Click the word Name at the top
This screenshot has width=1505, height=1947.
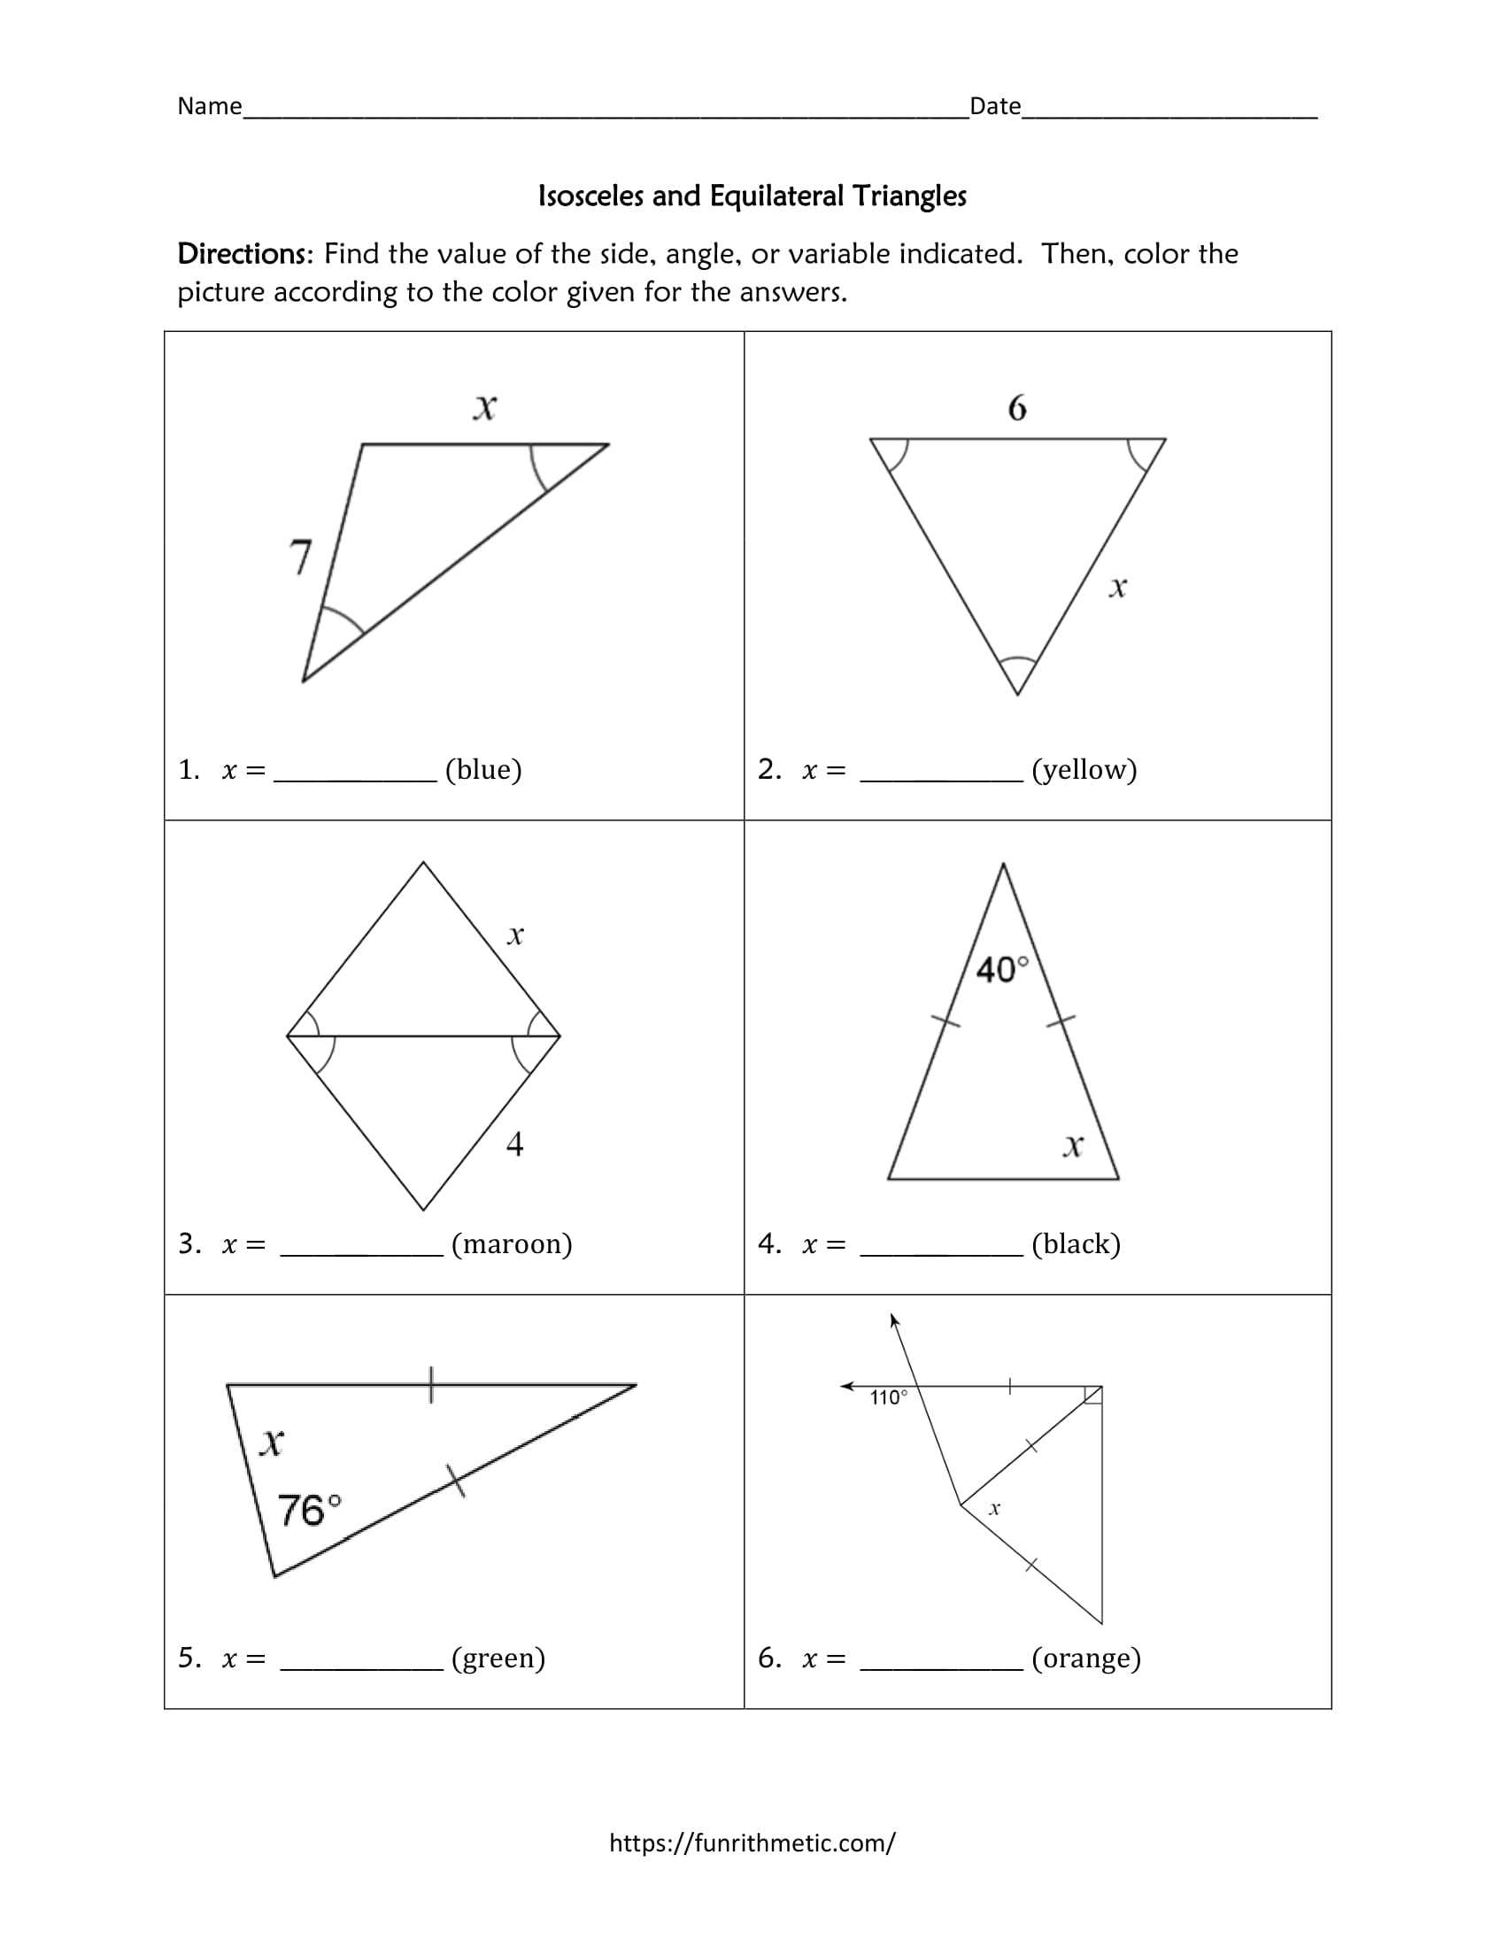pyautogui.click(x=210, y=106)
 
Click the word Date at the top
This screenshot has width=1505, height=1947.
pyautogui.click(x=995, y=106)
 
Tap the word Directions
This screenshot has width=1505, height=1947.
pyautogui.click(x=243, y=254)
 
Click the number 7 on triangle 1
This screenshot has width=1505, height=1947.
pyautogui.click(x=301, y=558)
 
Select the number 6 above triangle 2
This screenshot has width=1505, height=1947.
pyautogui.click(x=1017, y=408)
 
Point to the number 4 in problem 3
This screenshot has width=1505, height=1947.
pyautogui.click(x=514, y=1143)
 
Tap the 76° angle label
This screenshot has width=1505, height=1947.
pyautogui.click(x=309, y=1510)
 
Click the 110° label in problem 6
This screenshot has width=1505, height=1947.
pyautogui.click(x=888, y=1397)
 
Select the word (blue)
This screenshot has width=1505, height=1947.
pyautogui.click(x=483, y=769)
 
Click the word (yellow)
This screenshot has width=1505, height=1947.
pyautogui.click(x=1084, y=769)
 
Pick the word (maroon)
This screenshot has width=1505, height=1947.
pyautogui.click(x=512, y=1243)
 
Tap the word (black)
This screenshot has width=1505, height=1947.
pyautogui.click(x=1077, y=1243)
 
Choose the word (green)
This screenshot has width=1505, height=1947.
pyautogui.click(x=498, y=1658)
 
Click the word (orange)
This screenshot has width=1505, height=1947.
pyautogui.click(x=1086, y=1658)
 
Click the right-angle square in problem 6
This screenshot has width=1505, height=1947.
pyautogui.click(x=1094, y=1395)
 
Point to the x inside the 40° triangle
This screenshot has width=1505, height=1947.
pyautogui.click(x=1074, y=1144)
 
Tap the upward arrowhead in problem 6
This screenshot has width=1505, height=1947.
pyautogui.click(x=893, y=1320)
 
